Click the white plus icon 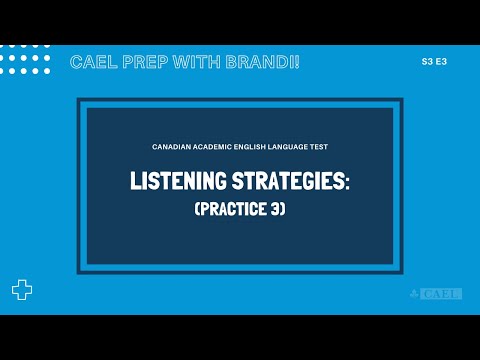pos(21,290)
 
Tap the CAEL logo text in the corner pos(442,293)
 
